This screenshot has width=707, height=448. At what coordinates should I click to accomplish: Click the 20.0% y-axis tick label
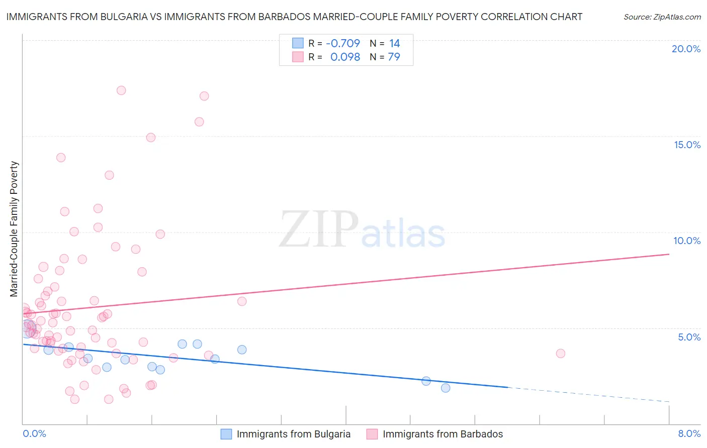[x=686, y=49]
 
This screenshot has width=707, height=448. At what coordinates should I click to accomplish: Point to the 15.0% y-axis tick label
[x=687, y=145]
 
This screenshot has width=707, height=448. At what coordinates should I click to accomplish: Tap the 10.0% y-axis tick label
[x=687, y=241]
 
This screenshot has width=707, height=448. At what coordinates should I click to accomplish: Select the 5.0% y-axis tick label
[x=689, y=337]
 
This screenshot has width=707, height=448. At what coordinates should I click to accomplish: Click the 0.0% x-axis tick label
[x=34, y=433]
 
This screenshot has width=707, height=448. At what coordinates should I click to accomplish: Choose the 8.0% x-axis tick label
[x=689, y=433]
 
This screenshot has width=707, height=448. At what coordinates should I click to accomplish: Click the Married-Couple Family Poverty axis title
[x=14, y=229]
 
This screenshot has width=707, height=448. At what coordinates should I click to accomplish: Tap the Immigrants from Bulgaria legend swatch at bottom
[x=226, y=434]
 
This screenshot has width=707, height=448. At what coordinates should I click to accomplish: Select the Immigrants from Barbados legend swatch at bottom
[x=372, y=434]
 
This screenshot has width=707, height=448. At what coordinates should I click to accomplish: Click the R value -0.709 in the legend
[x=343, y=44]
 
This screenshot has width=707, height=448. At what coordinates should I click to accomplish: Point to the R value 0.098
[x=345, y=57]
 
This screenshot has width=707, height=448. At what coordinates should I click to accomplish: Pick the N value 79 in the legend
[x=394, y=57]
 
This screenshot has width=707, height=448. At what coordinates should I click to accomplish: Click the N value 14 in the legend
[x=394, y=44]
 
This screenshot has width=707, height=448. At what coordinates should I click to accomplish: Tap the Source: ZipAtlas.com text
[x=662, y=17]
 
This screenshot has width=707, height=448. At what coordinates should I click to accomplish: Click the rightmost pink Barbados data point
[x=561, y=353]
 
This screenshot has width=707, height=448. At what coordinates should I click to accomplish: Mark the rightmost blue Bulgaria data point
[x=446, y=388]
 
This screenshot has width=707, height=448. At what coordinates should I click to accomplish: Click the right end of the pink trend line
[x=669, y=254]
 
